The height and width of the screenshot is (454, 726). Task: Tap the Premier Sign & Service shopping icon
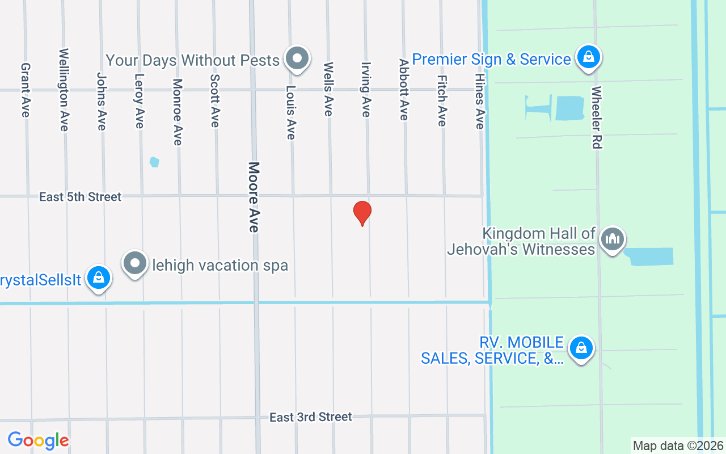pyautogui.click(x=589, y=57)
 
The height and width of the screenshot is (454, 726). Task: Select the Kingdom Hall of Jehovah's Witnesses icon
pyautogui.click(x=612, y=239)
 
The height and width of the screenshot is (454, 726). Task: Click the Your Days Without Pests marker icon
pyautogui.click(x=297, y=58)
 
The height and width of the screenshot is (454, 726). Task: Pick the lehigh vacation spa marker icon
pyautogui.click(x=135, y=263)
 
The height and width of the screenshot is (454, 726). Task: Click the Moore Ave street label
pyautogui.click(x=254, y=197)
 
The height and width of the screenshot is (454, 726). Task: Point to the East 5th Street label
pyautogui.click(x=80, y=197)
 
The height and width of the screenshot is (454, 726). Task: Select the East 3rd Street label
pyautogui.click(x=310, y=417)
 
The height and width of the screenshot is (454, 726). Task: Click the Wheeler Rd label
pyautogui.click(x=596, y=117)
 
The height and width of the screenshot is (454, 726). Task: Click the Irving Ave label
pyautogui.click(x=366, y=90)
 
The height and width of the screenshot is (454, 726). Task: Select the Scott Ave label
pyautogui.click(x=214, y=100)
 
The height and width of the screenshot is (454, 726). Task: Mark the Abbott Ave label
pyautogui.click(x=403, y=90)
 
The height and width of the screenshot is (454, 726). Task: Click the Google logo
pyautogui.click(x=38, y=440)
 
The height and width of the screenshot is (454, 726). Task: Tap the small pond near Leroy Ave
pyautogui.click(x=154, y=162)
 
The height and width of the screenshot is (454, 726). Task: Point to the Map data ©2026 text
pyautogui.click(x=678, y=445)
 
